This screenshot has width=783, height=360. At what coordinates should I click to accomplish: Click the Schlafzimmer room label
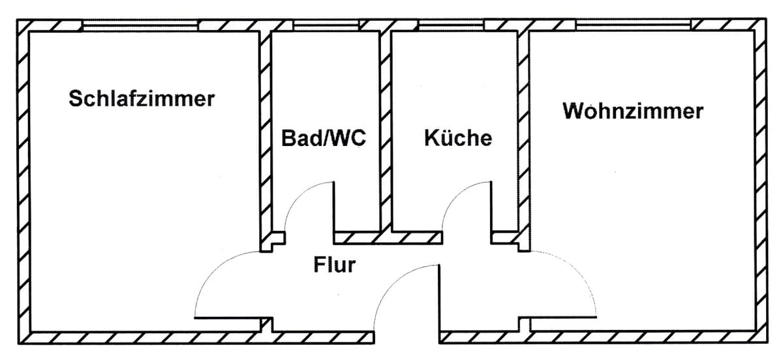142,99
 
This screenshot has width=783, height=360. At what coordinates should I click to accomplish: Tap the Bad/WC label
324,138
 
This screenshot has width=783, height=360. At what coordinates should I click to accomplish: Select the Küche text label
457,138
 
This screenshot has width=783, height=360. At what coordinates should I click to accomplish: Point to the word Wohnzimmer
633,111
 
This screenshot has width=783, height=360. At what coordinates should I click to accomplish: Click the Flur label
334,265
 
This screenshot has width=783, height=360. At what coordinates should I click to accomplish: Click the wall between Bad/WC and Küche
385,130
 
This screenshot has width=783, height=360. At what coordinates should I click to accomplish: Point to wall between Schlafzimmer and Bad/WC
265,130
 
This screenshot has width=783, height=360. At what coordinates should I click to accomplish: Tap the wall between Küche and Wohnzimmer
523,130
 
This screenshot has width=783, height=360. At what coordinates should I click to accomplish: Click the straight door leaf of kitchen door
491,205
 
